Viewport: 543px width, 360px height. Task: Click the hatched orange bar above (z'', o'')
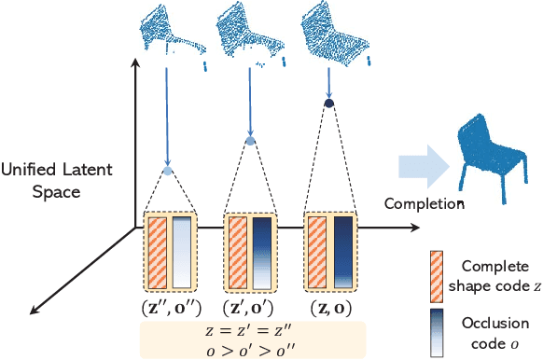[156, 252]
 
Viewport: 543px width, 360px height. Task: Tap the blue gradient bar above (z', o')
[263, 252]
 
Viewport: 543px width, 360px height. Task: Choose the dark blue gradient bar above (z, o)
[343, 252]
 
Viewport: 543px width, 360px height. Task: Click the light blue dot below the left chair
[168, 171]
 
